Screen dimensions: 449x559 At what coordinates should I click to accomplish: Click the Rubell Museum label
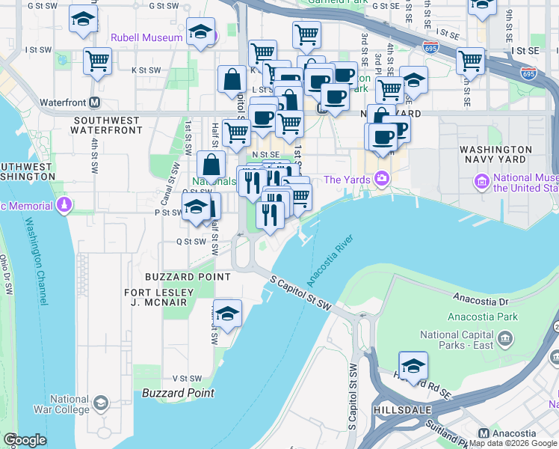coord(146,37)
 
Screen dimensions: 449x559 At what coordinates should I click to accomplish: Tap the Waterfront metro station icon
coord(95,103)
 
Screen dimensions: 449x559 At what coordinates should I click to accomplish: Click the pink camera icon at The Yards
coord(383,179)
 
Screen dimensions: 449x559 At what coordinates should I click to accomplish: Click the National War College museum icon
coord(100,403)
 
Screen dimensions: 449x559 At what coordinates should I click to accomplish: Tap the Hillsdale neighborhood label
coord(401,411)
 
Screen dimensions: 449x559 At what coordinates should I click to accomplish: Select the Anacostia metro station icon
coord(483,433)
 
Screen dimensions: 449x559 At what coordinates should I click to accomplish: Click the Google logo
coord(25,440)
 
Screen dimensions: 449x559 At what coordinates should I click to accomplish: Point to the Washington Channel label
coord(36,260)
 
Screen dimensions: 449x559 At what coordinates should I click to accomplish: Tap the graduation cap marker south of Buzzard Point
coord(227,313)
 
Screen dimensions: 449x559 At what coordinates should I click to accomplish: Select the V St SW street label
coord(188,379)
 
